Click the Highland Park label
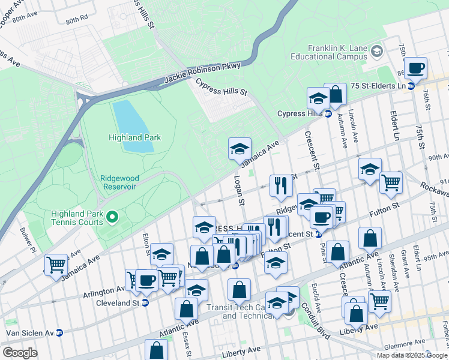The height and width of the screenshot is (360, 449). coord(134,137)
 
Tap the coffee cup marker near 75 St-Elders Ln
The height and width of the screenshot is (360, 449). coord(415,68)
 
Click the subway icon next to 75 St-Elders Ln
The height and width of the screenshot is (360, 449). coord(411,86)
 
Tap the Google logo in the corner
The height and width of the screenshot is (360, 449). coord(19,352)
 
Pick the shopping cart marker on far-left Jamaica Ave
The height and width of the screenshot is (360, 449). coord(56,264)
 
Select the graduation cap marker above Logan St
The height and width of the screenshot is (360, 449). coord(240,148)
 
